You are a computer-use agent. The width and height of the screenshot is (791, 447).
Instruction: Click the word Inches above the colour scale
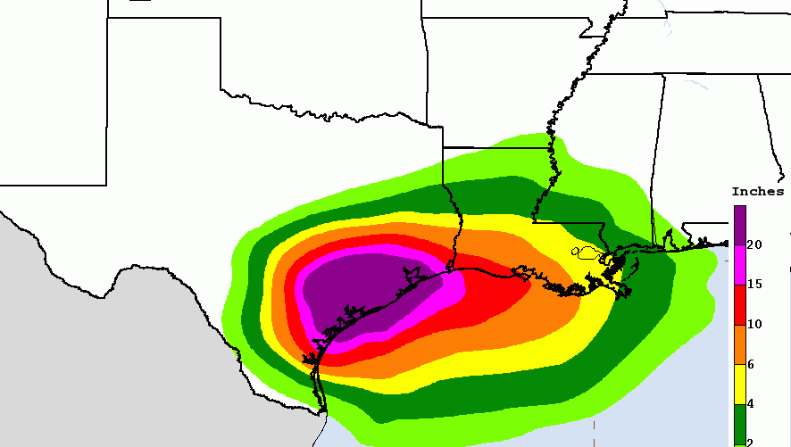[757, 192]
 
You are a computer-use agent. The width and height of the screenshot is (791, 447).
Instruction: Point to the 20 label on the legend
[754, 244]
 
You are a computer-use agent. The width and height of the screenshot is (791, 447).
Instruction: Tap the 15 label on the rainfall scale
[754, 285]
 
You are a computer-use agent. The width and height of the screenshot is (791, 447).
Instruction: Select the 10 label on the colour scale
[754, 324]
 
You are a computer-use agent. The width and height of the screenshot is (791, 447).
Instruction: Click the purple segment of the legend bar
[740, 225]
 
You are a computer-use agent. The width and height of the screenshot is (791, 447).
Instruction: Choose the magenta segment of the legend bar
[740, 265]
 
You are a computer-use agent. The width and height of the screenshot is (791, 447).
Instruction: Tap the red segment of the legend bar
[740, 304]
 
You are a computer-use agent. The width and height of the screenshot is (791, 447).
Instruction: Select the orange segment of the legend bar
[740, 344]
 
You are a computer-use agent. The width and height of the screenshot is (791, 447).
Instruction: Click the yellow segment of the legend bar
[740, 384]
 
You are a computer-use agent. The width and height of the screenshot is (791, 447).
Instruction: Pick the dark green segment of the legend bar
[740, 423]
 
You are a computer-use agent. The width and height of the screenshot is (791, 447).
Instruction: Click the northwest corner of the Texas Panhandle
[109, 19]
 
